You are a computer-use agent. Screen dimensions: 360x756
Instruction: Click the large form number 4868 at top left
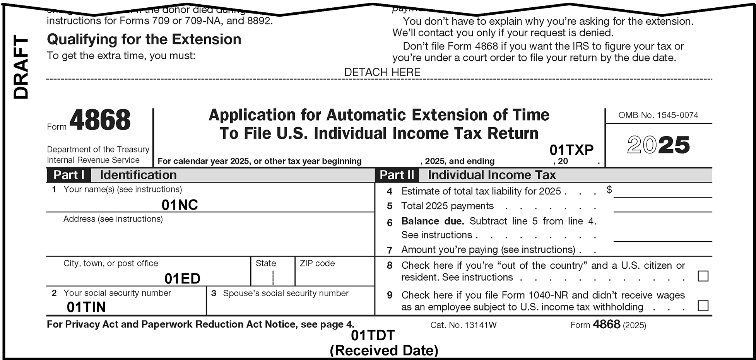click(x=100, y=120)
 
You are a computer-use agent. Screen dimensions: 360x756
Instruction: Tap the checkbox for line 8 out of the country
click(x=703, y=276)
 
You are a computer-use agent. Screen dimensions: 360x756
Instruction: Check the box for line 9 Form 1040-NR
click(x=703, y=306)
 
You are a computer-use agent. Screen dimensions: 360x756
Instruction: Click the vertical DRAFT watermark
click(x=21, y=67)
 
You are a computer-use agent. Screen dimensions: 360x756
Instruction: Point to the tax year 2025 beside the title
click(x=658, y=145)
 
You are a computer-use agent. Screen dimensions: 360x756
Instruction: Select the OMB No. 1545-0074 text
click(x=658, y=115)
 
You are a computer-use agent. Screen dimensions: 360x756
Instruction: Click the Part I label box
click(x=68, y=175)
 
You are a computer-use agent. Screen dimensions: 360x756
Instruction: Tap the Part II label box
click(x=397, y=175)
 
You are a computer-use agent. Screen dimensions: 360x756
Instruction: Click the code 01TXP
click(x=571, y=150)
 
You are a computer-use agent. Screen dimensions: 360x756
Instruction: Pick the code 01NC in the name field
click(x=180, y=205)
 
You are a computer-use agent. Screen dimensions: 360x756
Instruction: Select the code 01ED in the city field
click(x=182, y=278)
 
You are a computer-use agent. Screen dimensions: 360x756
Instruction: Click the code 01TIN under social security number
click(x=86, y=307)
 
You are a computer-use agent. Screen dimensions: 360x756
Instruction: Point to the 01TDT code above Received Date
click(x=373, y=335)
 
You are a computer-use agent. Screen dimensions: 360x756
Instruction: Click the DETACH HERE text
click(x=382, y=72)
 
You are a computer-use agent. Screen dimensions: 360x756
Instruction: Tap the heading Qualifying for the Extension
click(x=144, y=39)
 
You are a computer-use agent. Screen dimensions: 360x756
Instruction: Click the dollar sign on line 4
click(x=609, y=189)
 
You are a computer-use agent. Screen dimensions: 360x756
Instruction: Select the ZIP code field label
click(x=317, y=263)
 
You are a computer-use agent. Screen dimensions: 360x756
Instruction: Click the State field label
click(x=266, y=263)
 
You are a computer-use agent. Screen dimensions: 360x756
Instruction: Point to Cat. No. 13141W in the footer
click(x=463, y=325)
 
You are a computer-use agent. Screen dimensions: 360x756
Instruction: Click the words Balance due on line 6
click(x=432, y=221)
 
